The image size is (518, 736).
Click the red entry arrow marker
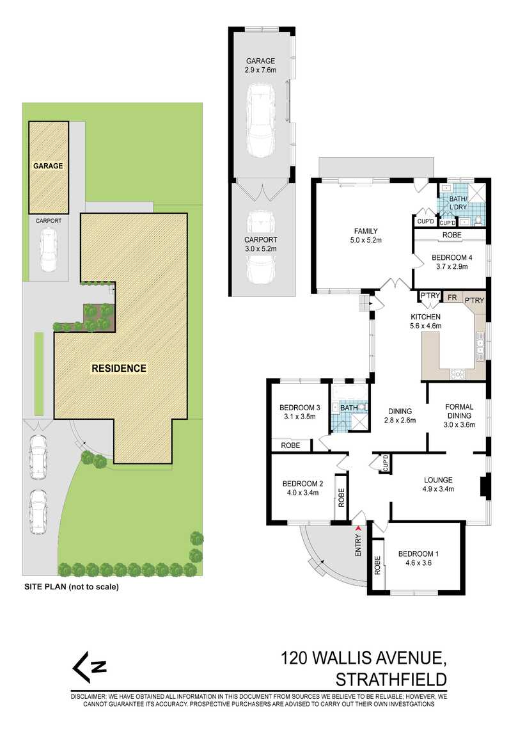pyautogui.click(x=358, y=528)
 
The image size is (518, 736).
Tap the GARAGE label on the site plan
pyautogui.click(x=49, y=166)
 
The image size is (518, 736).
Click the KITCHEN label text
pyautogui.click(x=425, y=317)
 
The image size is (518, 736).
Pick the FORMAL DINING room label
pyautogui.click(x=459, y=410)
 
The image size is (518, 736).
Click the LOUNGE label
pyautogui.click(x=438, y=479)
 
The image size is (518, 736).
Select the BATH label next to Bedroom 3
pyautogui.click(x=349, y=408)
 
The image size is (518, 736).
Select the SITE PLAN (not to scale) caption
pyautogui.click(x=72, y=586)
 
